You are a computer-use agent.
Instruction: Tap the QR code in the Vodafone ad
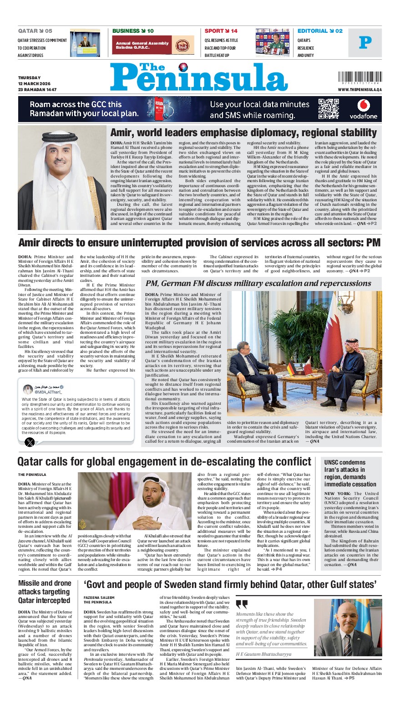click(x=329, y=108)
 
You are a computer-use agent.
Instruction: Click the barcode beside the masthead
click(x=359, y=77)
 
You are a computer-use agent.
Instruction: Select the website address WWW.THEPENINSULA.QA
click(x=359, y=90)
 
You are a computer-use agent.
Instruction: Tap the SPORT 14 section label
click(x=221, y=31)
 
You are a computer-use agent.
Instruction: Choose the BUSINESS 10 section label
click(x=133, y=31)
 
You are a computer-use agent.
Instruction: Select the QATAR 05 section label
click(x=35, y=31)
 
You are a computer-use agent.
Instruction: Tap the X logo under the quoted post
click(x=30, y=441)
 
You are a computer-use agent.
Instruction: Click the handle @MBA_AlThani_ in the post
click(x=48, y=392)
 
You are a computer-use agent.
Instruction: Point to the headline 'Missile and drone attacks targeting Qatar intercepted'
click(x=45, y=592)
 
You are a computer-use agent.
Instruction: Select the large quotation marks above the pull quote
click(x=242, y=604)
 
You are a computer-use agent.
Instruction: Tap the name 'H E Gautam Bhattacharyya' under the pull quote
click(x=263, y=654)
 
